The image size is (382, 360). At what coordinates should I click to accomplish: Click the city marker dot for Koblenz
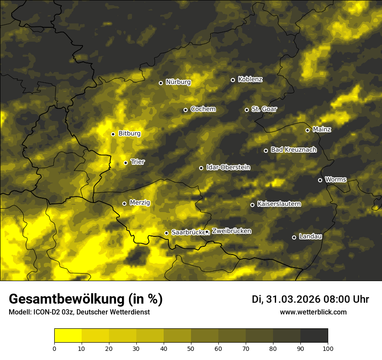(x=233, y=80)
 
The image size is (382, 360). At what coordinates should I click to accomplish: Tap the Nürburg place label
(x=178, y=82)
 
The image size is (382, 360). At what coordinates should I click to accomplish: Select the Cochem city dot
(x=185, y=110)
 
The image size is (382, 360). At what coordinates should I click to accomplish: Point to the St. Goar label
(x=264, y=109)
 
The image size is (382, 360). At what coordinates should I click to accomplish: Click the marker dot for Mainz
(x=307, y=130)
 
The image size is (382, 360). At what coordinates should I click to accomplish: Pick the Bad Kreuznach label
(x=293, y=150)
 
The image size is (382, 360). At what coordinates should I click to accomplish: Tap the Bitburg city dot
(x=113, y=134)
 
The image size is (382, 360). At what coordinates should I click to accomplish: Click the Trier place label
(x=138, y=162)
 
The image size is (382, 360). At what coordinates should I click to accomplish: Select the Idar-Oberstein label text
(x=228, y=167)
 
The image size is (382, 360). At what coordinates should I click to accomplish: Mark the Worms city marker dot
(x=320, y=180)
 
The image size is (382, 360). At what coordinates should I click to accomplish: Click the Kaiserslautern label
(x=279, y=204)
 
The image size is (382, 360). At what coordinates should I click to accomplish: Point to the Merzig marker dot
(x=124, y=203)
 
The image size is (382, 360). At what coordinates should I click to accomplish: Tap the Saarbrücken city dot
(x=166, y=233)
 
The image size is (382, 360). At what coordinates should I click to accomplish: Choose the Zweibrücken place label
(x=231, y=231)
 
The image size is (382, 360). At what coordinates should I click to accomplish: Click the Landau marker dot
(x=294, y=237)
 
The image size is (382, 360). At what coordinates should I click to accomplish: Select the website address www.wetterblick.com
(x=313, y=312)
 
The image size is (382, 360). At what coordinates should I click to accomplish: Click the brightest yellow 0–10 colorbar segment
(x=68, y=336)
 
